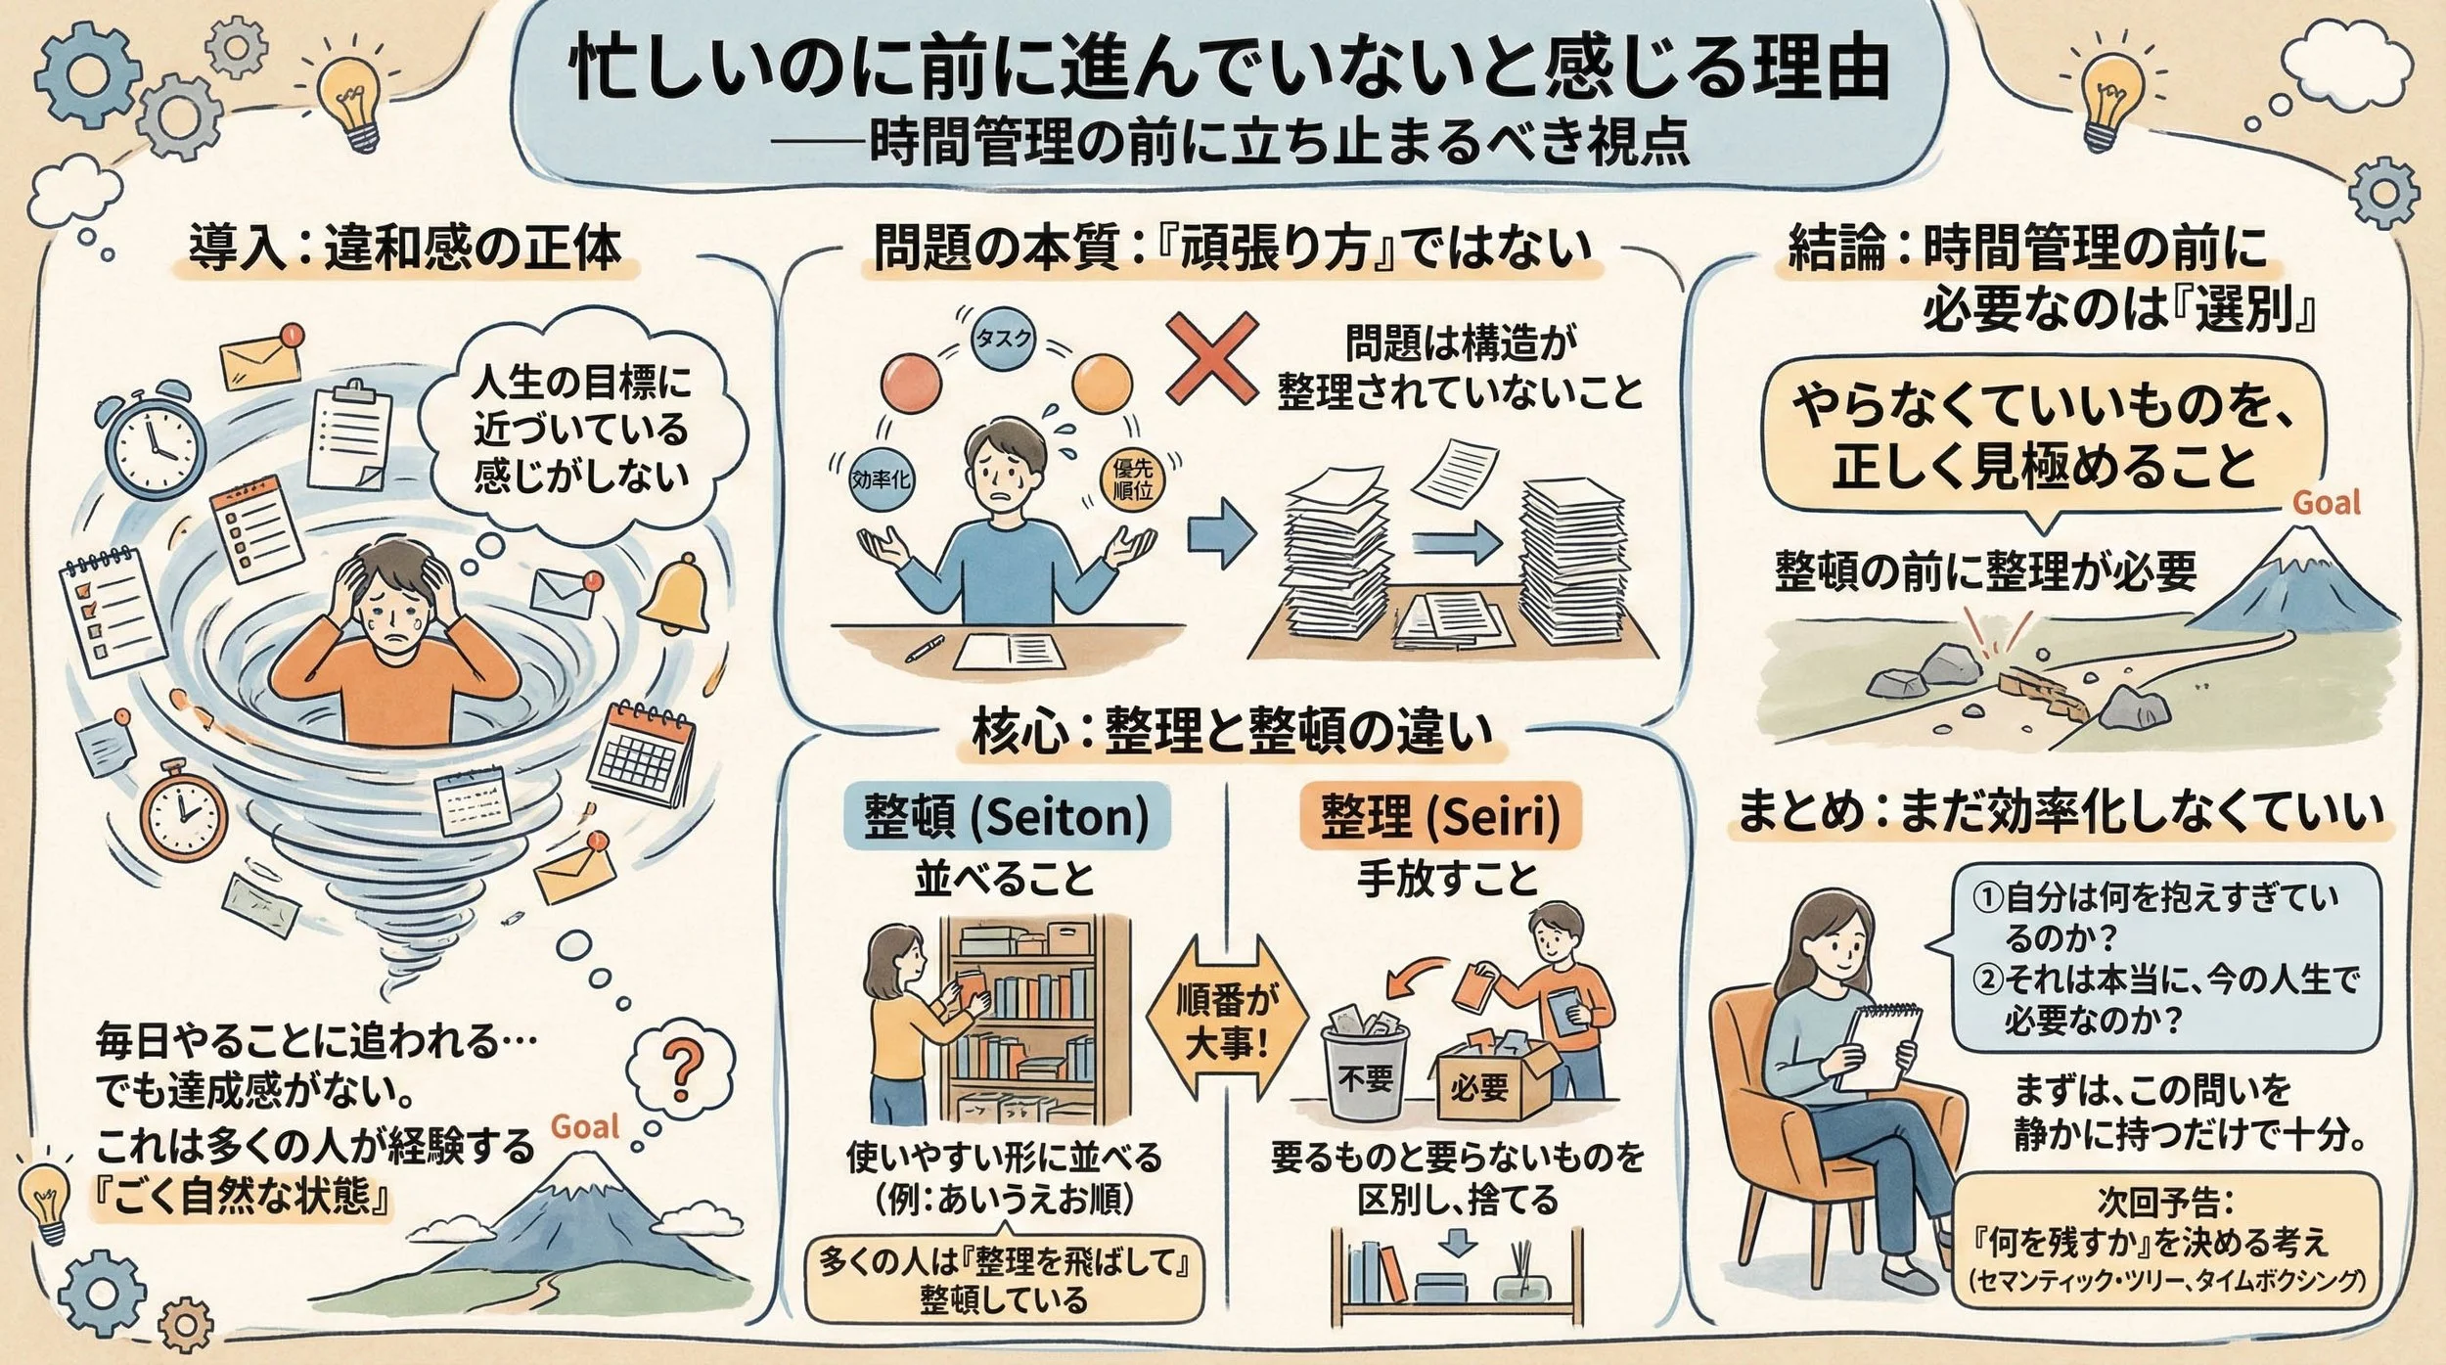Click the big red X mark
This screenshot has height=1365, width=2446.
1211,358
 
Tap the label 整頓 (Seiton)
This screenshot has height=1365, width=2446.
1006,815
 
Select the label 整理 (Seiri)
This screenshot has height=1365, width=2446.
1440,815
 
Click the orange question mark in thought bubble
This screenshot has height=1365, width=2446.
682,1066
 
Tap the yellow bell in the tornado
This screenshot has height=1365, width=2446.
677,593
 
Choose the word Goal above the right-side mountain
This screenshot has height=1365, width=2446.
2327,503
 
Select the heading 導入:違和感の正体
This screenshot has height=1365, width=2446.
405,248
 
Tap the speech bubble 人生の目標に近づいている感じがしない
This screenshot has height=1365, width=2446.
581,429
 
